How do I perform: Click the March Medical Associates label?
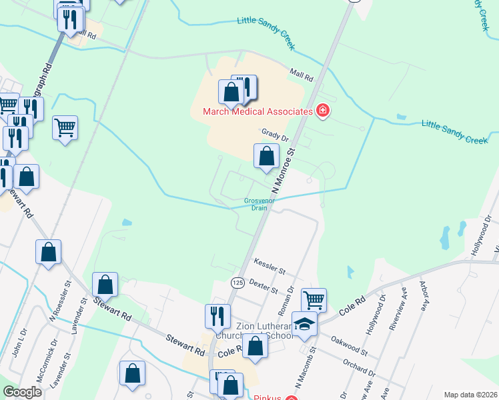[258, 111]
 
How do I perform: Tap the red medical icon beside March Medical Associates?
[323, 111]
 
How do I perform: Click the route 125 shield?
[237, 283]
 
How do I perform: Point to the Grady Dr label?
[275, 135]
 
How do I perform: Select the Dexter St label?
[263, 285]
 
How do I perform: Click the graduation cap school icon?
[305, 325]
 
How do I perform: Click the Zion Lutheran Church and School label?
[265, 331]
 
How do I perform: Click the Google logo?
[23, 392]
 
